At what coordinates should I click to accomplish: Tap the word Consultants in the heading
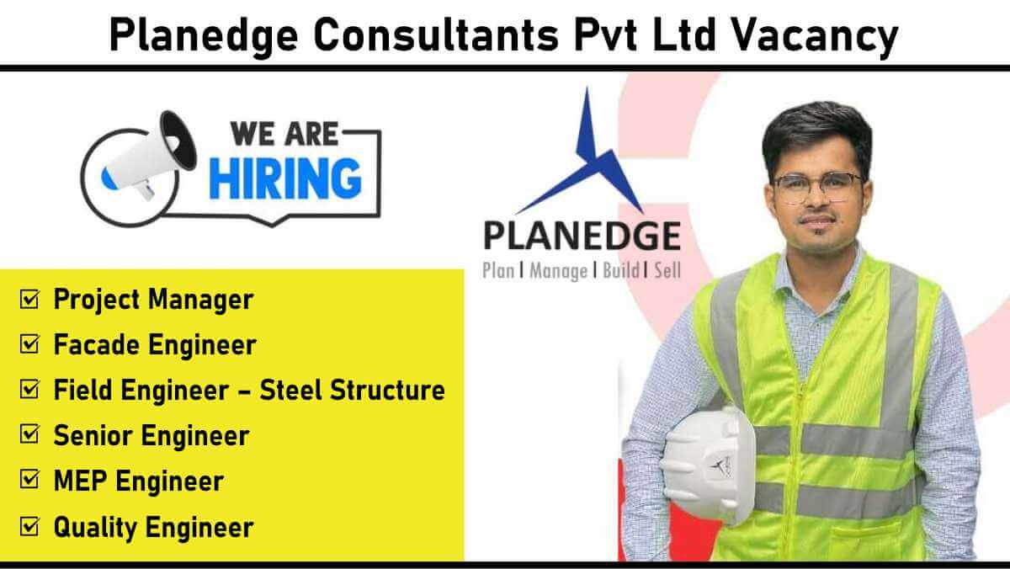[x=436, y=35]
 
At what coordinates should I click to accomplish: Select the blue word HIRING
[x=285, y=179]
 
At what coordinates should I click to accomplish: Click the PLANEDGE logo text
[x=582, y=236]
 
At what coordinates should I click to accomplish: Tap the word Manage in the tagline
[x=558, y=271]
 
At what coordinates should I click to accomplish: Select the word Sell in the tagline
[x=667, y=270]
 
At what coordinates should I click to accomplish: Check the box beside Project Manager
[x=29, y=300]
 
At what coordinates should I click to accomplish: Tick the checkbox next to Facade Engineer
[x=29, y=344]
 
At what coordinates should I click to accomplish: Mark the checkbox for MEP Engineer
[x=29, y=480]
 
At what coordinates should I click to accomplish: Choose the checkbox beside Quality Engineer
[x=29, y=527]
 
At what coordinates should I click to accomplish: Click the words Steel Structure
[x=352, y=390]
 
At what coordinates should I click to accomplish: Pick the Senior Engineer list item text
[x=151, y=436]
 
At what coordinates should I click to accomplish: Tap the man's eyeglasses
[x=817, y=187]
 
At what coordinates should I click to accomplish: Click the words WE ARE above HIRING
[x=284, y=134]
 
